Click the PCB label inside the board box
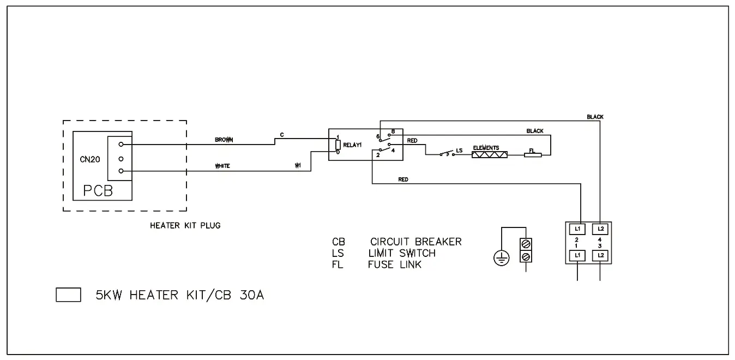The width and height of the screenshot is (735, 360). pyautogui.click(x=98, y=190)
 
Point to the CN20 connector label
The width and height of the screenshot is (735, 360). pyautogui.click(x=89, y=160)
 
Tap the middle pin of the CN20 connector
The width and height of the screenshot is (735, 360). pyautogui.click(x=121, y=159)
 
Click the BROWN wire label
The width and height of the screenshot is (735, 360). pyautogui.click(x=224, y=140)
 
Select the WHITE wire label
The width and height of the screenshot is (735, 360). pyautogui.click(x=222, y=166)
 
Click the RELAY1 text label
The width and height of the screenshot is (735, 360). pyautogui.click(x=353, y=145)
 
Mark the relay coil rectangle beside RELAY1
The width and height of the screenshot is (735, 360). pyautogui.click(x=338, y=145)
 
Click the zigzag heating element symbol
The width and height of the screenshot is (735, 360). pyautogui.click(x=489, y=155)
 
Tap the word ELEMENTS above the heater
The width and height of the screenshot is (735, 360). pyautogui.click(x=486, y=148)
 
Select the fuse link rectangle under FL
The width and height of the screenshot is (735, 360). pyautogui.click(x=533, y=155)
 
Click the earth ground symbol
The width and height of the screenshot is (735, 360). pyautogui.click(x=501, y=258)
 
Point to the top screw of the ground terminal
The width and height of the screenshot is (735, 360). pyautogui.click(x=526, y=243)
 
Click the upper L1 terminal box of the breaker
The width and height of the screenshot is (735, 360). pyautogui.click(x=577, y=229)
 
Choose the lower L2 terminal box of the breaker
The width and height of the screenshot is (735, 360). pyautogui.click(x=600, y=255)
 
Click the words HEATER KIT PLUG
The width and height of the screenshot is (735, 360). pyautogui.click(x=185, y=225)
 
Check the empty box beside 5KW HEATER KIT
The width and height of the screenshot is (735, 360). pyautogui.click(x=69, y=295)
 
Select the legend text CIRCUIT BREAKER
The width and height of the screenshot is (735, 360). pyautogui.click(x=415, y=242)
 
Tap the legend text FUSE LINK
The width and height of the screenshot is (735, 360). pyautogui.click(x=395, y=265)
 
